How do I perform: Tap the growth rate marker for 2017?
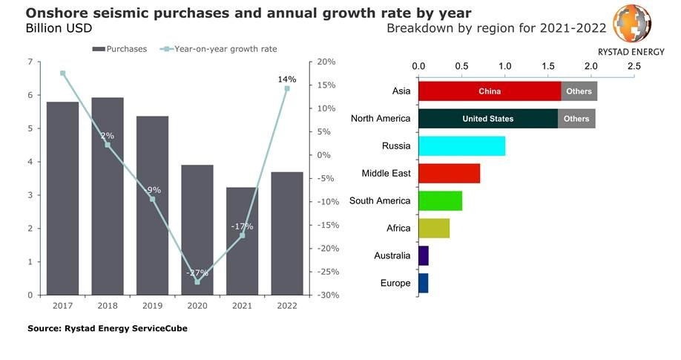click(63, 73)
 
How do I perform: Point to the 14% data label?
click(287, 79)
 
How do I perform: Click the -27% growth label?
click(197, 272)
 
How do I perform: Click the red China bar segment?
click(490, 91)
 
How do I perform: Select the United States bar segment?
click(487, 119)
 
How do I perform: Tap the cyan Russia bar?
click(461, 146)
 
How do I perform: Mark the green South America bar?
click(440, 201)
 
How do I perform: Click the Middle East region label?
click(386, 174)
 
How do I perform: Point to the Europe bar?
click(423, 283)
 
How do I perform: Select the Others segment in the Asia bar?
click(579, 91)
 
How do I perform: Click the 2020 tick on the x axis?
click(197, 305)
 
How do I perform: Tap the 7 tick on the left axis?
click(30, 62)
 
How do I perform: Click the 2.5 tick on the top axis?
click(634, 66)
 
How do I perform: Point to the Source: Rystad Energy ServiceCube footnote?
click(108, 328)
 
